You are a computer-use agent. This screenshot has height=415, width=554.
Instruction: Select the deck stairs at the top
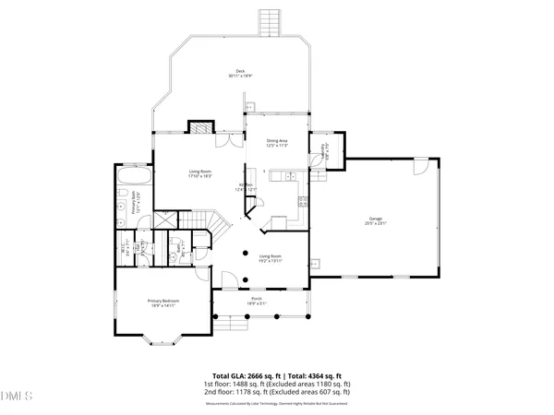(270, 21)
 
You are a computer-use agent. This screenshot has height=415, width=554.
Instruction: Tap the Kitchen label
(247, 187)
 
